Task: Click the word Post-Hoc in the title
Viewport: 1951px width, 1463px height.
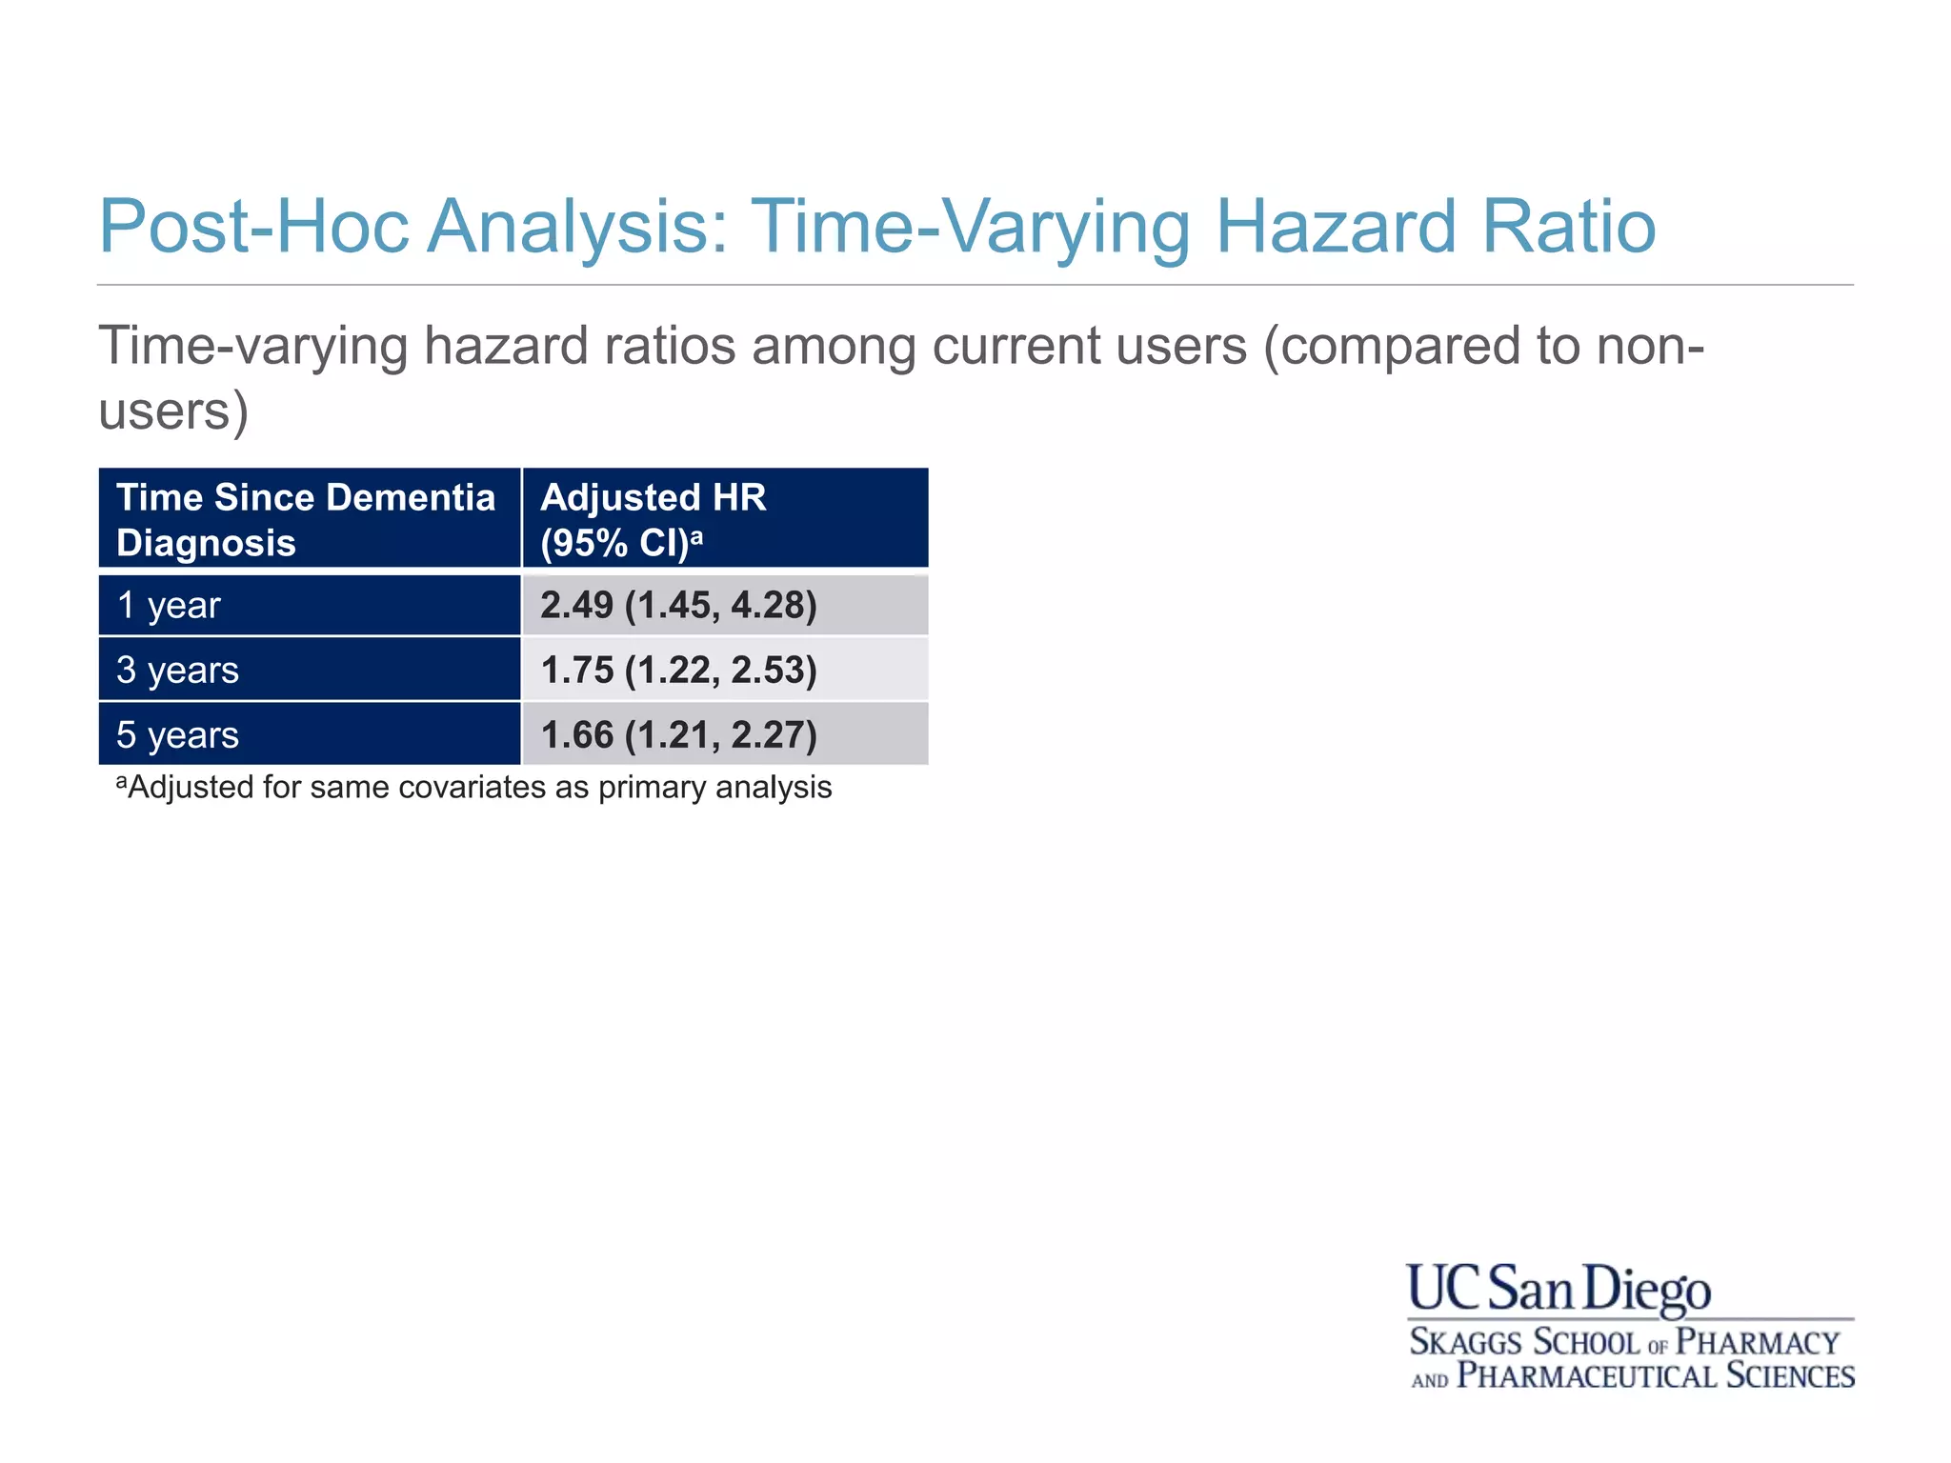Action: point(253,227)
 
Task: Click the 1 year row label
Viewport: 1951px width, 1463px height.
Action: point(169,606)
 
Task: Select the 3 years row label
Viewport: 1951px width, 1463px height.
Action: point(178,671)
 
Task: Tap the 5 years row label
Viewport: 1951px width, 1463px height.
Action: point(178,735)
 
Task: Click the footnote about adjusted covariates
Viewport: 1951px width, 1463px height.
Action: point(474,788)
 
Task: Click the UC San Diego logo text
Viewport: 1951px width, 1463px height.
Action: point(1559,1289)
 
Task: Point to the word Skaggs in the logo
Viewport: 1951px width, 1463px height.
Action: point(1465,1342)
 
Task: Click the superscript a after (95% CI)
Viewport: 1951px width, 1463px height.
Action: point(696,535)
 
